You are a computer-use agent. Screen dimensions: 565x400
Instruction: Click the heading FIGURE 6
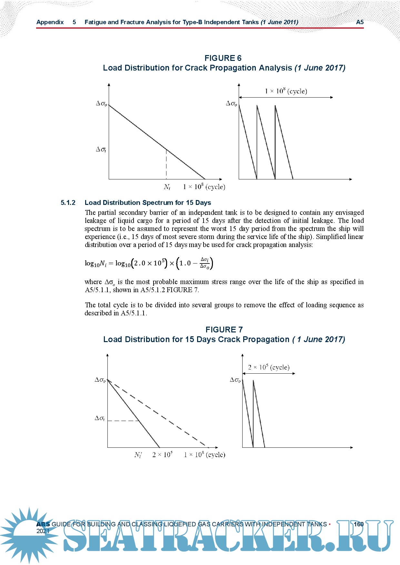[x=223, y=58]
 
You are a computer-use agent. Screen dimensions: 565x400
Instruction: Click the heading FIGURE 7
[x=224, y=330]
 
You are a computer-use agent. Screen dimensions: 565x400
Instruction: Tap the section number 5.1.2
[x=68, y=203]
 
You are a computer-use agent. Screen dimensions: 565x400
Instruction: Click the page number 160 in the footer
[x=358, y=524]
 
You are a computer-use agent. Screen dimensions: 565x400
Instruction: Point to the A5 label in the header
[x=360, y=22]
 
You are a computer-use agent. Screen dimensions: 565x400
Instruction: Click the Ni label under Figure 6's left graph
[x=167, y=187]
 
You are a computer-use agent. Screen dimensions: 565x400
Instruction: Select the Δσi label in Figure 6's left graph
[x=101, y=149]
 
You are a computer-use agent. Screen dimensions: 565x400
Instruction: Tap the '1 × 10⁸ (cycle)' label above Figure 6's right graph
[x=286, y=91]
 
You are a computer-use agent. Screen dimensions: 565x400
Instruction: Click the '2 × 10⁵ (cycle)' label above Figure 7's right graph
[x=269, y=367]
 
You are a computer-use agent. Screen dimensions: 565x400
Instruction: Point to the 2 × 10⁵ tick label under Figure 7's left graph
[x=162, y=455]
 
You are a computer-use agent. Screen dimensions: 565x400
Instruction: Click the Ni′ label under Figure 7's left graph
[x=138, y=455]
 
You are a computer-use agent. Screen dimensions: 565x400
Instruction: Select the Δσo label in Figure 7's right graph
[x=235, y=380]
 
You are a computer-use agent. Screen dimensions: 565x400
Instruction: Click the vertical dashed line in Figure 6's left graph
[x=166, y=164]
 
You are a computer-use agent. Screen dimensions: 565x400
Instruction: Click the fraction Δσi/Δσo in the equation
[x=205, y=263]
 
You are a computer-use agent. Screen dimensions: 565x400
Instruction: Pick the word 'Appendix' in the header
[x=50, y=22]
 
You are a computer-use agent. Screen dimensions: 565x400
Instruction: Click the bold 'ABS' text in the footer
[x=43, y=524]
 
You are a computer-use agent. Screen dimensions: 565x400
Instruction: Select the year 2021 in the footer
[x=43, y=531]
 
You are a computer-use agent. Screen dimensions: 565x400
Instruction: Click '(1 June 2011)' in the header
[x=279, y=22]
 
